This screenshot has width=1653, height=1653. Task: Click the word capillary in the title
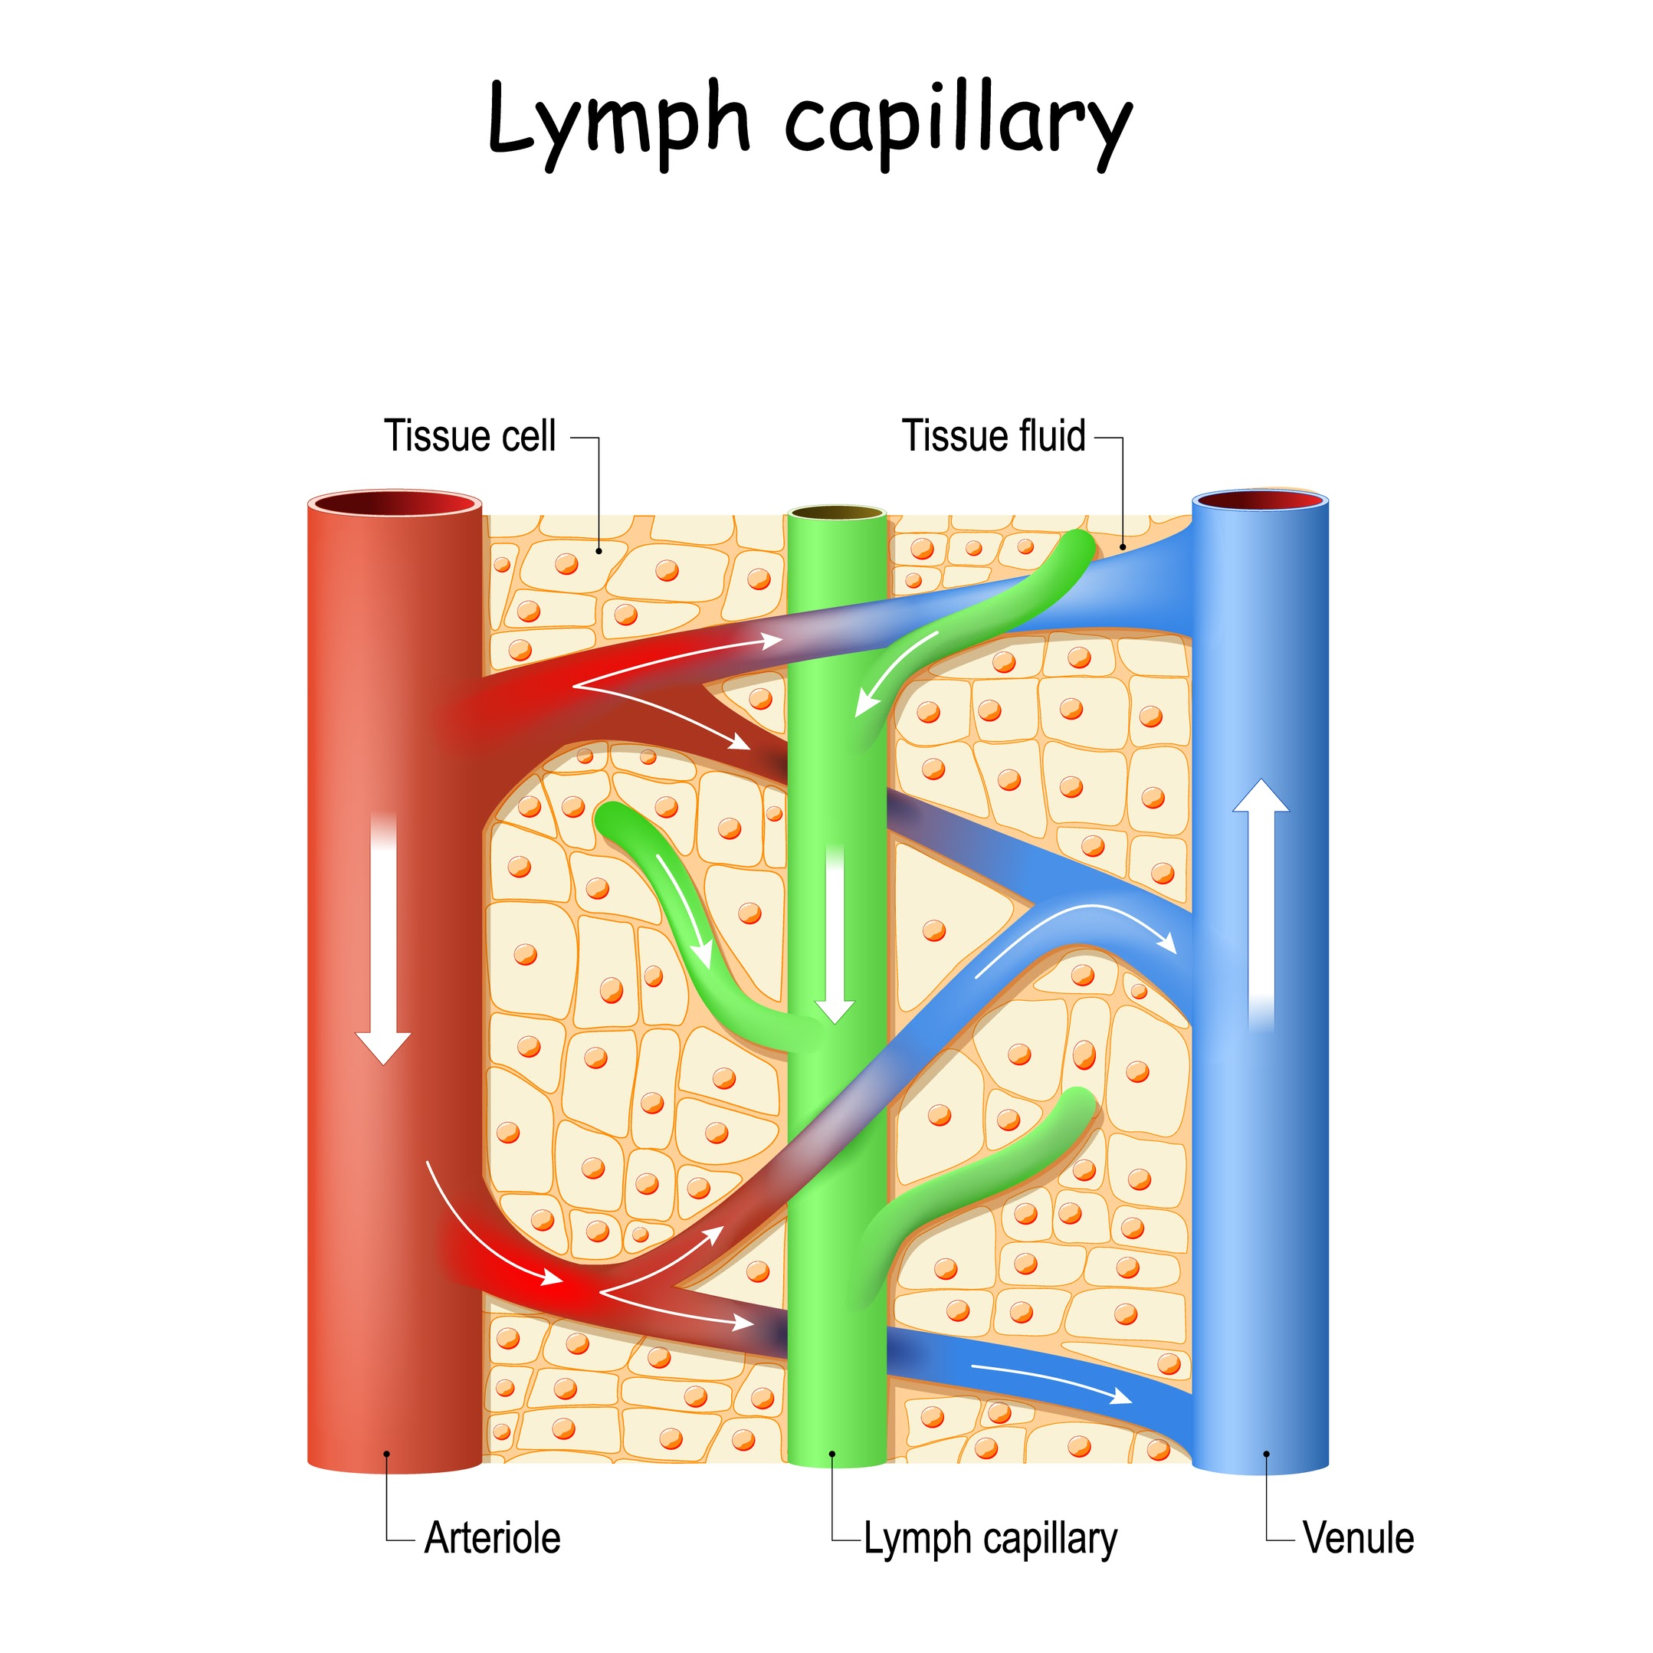tap(958, 124)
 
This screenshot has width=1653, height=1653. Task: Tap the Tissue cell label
tap(470, 436)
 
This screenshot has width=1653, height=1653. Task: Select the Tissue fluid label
tap(993, 436)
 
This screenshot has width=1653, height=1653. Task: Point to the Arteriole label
tap(492, 1537)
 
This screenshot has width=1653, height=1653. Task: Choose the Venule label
tap(1358, 1537)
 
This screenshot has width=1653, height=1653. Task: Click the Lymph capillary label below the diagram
tap(990, 1538)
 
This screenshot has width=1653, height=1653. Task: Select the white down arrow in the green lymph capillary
tap(835, 933)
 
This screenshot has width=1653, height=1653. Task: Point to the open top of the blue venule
tap(1261, 501)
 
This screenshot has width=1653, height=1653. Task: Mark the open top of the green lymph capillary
tap(837, 513)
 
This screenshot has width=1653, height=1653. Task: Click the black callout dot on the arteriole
tap(387, 1454)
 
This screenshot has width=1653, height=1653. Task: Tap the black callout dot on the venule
tap(1266, 1454)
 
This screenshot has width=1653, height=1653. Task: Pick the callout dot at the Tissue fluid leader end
tap(1123, 546)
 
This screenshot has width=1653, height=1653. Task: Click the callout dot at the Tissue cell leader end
tap(599, 551)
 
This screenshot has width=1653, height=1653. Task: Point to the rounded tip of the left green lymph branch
tap(610, 818)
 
